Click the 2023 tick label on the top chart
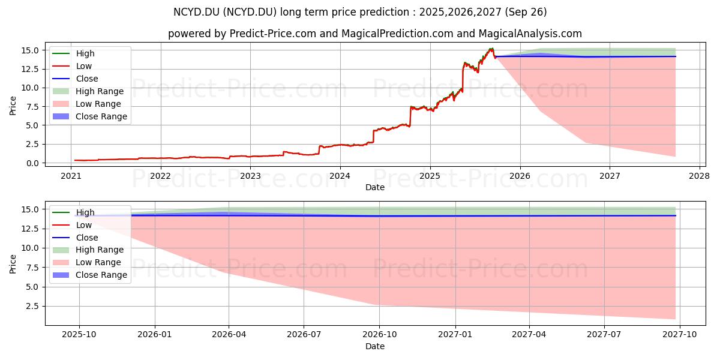250,176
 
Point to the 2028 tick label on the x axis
700,176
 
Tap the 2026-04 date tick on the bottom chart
229,335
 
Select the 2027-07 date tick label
604,335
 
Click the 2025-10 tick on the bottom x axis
79,335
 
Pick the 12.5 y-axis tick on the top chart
30,69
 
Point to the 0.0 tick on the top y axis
32,163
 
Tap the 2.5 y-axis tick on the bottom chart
32,307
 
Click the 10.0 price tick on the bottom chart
30,248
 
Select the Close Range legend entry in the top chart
90,116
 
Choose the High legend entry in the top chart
74,53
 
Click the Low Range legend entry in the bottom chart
87,263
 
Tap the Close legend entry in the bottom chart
75,238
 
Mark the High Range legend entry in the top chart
88,91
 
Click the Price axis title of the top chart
13,106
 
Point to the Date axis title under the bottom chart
375,346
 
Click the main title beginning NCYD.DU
360,12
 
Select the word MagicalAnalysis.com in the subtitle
530,34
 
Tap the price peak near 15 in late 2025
491,49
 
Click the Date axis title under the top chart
375,187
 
